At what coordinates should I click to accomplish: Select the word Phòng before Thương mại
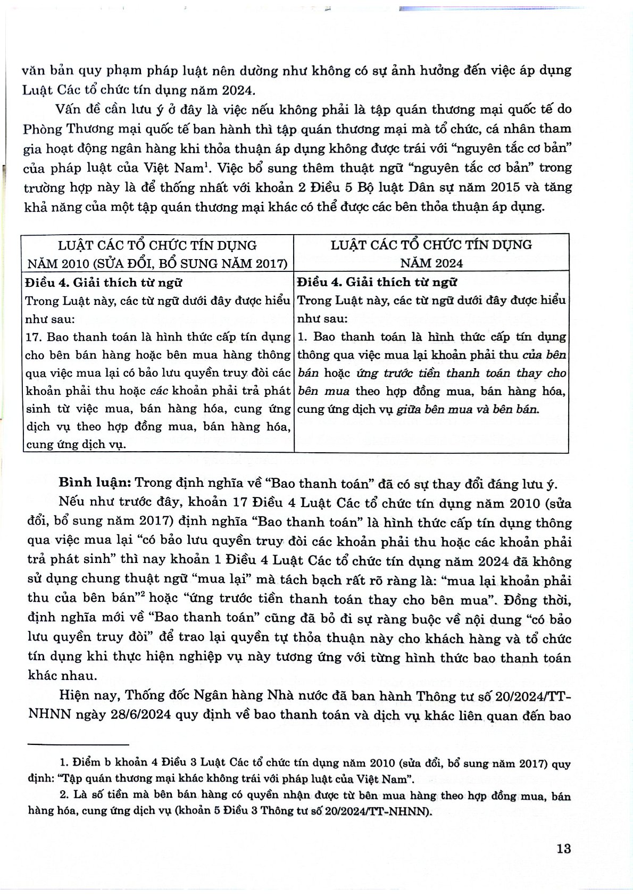pyautogui.click(x=41, y=129)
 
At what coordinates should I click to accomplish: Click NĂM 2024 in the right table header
pyautogui.click(x=431, y=263)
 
